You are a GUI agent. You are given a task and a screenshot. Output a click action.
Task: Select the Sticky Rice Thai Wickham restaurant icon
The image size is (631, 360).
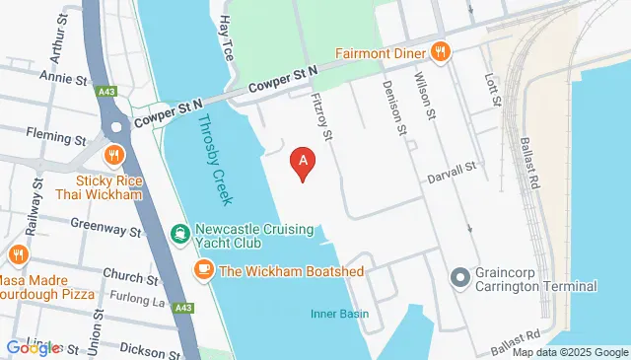coord(115,155)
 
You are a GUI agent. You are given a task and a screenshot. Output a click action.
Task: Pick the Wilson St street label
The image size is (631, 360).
coord(425,95)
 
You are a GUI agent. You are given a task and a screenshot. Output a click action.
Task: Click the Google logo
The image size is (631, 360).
coord(33,348)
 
